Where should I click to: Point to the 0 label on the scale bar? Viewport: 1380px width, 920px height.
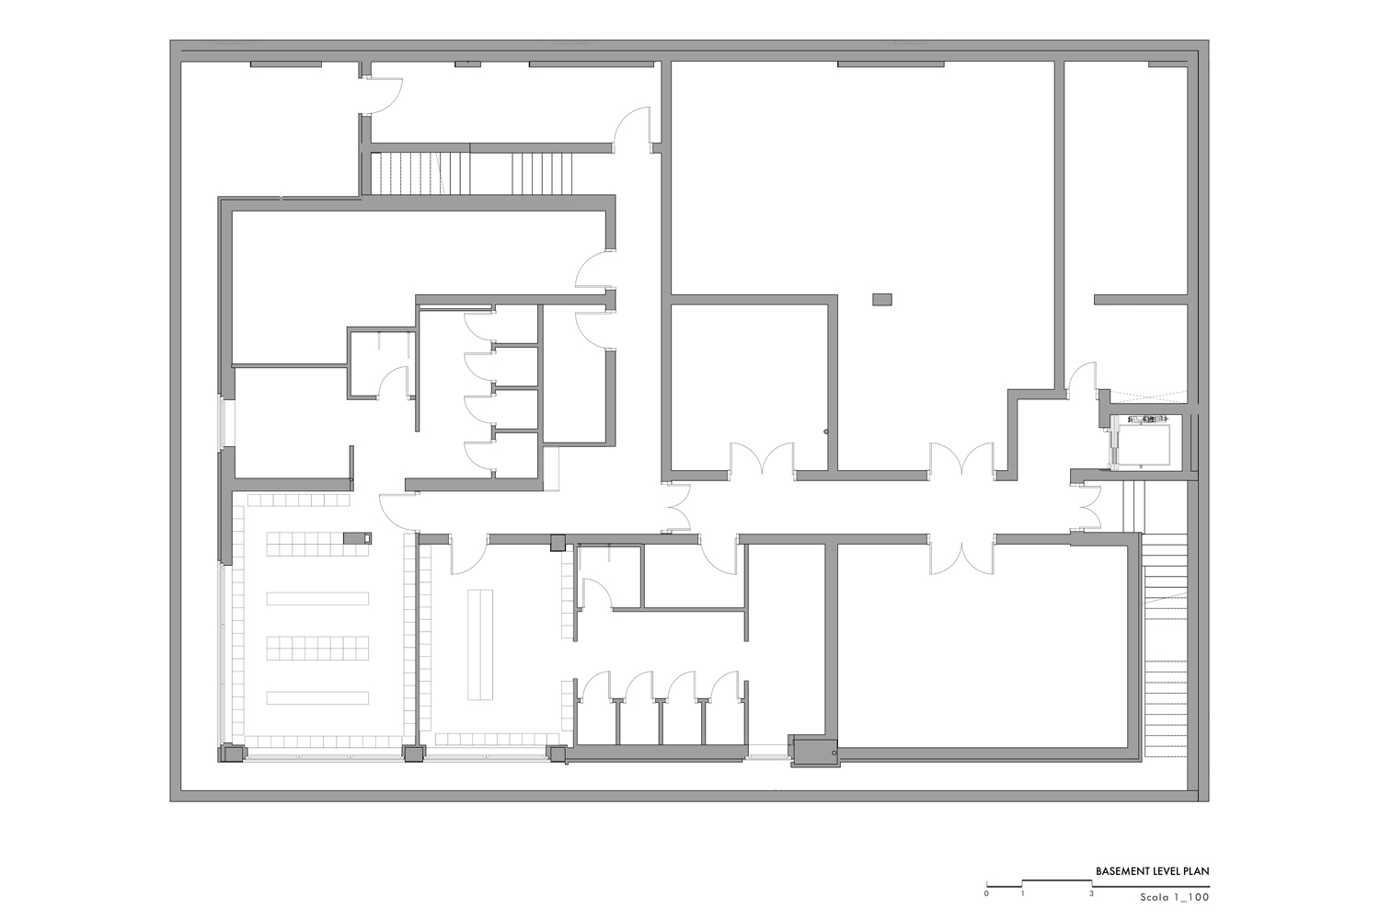pyautogui.click(x=986, y=893)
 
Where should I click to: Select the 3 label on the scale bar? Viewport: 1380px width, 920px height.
pyautogui.click(x=1091, y=893)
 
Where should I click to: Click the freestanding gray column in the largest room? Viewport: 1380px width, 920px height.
pyautogui.click(x=881, y=299)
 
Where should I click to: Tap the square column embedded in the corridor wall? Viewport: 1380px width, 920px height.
pyautogui.click(x=558, y=543)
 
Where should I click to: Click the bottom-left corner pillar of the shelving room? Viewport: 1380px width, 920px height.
pyautogui.click(x=231, y=753)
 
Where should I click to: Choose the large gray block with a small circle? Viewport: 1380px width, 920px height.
pyautogui.click(x=814, y=751)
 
